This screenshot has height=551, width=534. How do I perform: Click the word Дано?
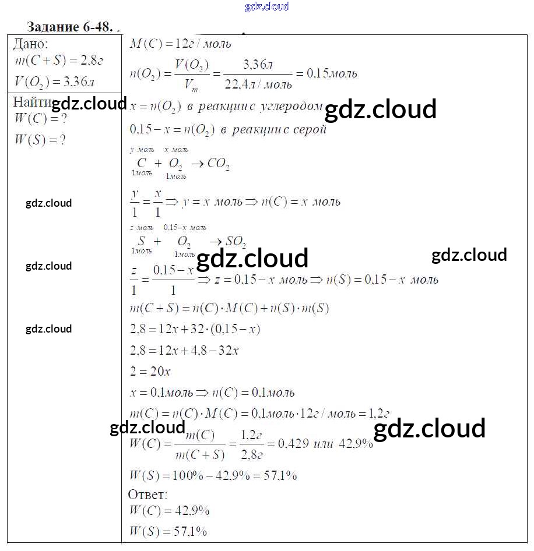click(x=31, y=44)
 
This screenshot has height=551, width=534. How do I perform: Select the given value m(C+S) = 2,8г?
click(x=58, y=61)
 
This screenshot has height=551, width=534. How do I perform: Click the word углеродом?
click(x=291, y=107)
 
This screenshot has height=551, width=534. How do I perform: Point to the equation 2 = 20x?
click(x=150, y=371)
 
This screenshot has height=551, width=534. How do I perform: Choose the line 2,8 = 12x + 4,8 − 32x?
click(x=185, y=351)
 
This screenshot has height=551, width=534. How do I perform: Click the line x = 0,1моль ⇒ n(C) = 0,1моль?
click(x=212, y=392)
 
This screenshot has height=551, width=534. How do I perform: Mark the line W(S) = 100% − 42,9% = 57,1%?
click(x=213, y=475)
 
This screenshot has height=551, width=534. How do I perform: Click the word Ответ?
click(x=147, y=495)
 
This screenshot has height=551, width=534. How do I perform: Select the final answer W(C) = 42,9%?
click(x=168, y=511)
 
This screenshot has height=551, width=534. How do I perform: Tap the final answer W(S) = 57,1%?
click(x=167, y=531)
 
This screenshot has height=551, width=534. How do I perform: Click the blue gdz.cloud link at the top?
click(x=267, y=7)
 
